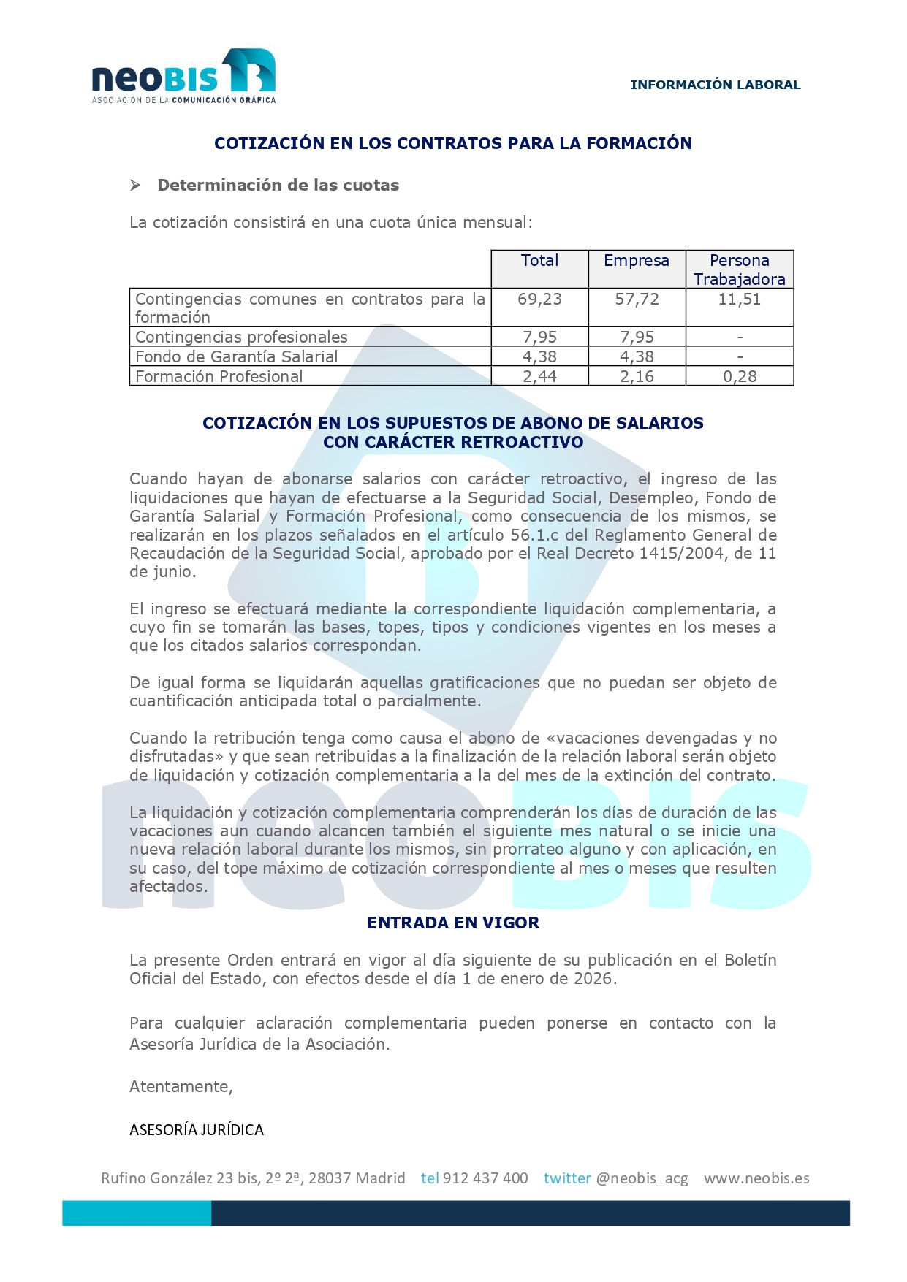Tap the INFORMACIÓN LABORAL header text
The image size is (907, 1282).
point(715,85)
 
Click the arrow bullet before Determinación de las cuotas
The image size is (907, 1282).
point(135,186)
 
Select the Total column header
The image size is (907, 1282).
point(539,261)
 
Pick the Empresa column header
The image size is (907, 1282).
point(636,261)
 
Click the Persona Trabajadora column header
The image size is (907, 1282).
point(739,270)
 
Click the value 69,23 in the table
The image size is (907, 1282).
point(539,299)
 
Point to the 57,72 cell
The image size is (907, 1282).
point(637,299)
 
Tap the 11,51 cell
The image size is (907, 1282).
point(739,299)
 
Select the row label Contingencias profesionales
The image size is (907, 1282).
point(241,337)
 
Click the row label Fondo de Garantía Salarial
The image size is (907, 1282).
point(236,356)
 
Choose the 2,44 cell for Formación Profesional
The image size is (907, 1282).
point(539,376)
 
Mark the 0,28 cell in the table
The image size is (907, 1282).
point(740,376)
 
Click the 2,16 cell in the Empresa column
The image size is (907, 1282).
point(637,376)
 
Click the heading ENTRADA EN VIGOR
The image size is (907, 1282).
point(453,923)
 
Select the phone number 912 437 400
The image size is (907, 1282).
point(485,1178)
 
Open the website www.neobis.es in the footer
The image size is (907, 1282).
point(756,1178)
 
